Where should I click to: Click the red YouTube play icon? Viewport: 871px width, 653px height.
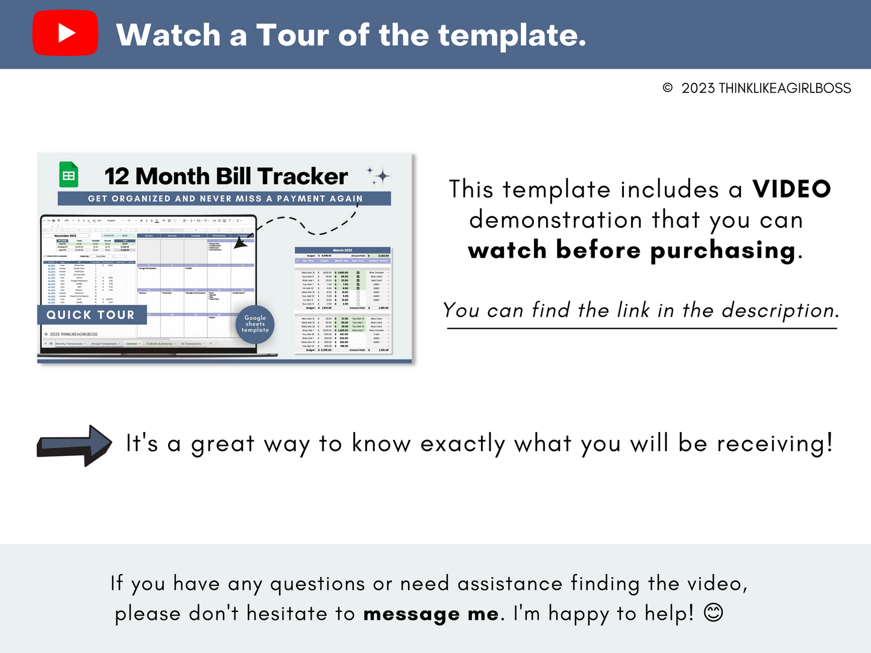(65, 34)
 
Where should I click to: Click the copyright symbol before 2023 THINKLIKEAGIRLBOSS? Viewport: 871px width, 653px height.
(667, 88)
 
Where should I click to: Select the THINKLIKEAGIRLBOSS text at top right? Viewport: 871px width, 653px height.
(784, 88)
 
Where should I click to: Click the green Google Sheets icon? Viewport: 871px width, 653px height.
(69, 175)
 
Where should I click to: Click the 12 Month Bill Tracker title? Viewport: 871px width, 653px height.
(226, 177)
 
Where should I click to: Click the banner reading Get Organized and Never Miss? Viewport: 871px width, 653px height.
(224, 198)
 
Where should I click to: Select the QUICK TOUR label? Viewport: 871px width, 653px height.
(90, 314)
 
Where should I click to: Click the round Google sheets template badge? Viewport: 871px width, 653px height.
(255, 324)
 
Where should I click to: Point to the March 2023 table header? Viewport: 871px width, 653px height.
(342, 250)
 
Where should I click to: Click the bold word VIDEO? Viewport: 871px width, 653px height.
(791, 189)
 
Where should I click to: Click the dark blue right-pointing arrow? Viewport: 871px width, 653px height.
(75, 445)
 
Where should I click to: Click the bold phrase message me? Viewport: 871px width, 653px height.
(431, 614)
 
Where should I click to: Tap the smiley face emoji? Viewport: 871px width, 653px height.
(713, 613)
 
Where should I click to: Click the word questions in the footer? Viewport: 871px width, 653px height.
(317, 584)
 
